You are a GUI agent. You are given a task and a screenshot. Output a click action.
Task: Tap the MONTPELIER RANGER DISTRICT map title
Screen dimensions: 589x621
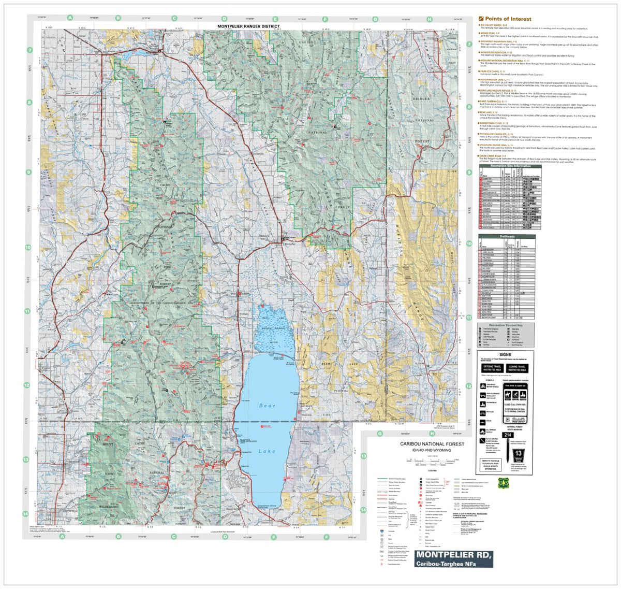click(x=241, y=26)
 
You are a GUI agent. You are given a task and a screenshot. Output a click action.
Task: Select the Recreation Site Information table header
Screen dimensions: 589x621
click(x=510, y=167)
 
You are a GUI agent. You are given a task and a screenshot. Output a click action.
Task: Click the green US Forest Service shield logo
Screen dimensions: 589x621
click(x=501, y=483)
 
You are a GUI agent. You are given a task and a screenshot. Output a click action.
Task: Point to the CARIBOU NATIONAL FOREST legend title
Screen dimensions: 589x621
click(x=432, y=444)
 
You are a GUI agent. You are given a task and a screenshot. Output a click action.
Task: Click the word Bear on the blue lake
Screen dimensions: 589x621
click(x=267, y=406)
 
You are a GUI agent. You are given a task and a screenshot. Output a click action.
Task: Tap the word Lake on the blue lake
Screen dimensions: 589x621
click(x=267, y=451)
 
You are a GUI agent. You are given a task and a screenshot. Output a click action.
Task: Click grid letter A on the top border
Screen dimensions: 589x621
click(x=70, y=18)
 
